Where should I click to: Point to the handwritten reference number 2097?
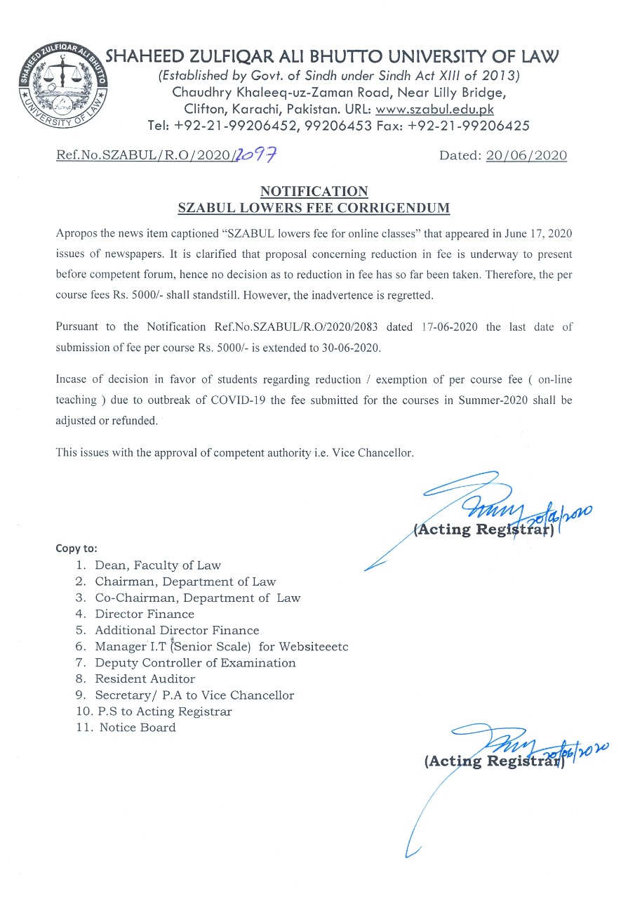(x=260, y=155)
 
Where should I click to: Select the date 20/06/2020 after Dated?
(x=526, y=156)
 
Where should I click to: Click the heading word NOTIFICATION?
(x=314, y=191)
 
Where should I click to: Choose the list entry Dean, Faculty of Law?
(x=158, y=565)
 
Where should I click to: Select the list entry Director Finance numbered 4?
(x=145, y=614)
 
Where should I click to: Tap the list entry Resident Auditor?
(x=145, y=679)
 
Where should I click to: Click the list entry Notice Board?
(x=138, y=728)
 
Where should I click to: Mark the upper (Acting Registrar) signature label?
(x=484, y=530)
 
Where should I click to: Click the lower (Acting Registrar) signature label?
(x=494, y=761)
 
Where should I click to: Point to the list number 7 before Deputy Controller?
(x=81, y=663)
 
